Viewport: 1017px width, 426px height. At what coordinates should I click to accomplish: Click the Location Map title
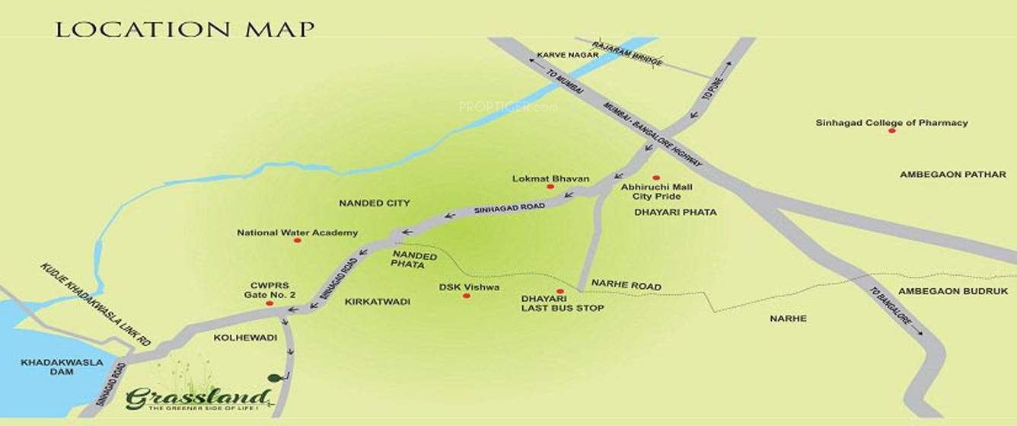pyautogui.click(x=185, y=30)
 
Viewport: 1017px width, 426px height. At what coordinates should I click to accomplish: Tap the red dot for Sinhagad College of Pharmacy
pyautogui.click(x=891, y=131)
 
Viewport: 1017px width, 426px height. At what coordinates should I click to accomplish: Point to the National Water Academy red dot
pyautogui.click(x=297, y=240)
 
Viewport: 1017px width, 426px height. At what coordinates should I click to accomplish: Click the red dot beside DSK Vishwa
pyautogui.click(x=467, y=296)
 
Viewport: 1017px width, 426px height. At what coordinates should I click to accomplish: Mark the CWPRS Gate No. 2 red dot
pyautogui.click(x=269, y=303)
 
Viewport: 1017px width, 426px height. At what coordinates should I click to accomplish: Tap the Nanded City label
pyautogui.click(x=374, y=203)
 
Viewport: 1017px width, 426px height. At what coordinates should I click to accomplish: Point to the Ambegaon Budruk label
pyautogui.click(x=942, y=291)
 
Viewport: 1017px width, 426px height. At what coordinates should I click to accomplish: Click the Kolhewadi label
pyautogui.click(x=233, y=335)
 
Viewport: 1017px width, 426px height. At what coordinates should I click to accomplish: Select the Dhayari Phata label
pyautogui.click(x=675, y=213)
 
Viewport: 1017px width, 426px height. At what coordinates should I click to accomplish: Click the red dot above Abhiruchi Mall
pyautogui.click(x=655, y=178)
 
